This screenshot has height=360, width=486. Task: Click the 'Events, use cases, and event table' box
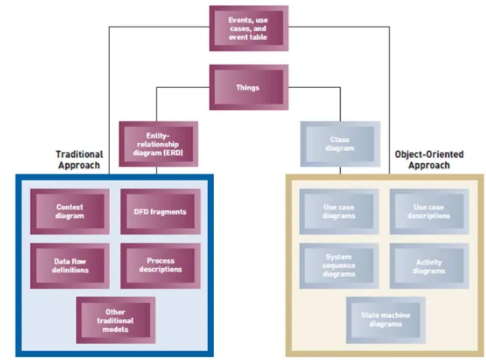coord(248,28)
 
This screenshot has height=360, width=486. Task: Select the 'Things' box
coord(248,87)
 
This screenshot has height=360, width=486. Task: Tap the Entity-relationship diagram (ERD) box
coord(159,144)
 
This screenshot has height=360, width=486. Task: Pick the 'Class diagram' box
coord(340,144)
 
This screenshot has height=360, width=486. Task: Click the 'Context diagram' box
coord(70,211)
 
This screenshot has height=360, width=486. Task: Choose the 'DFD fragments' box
coord(160,211)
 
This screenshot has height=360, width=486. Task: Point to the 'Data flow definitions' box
coord(70,266)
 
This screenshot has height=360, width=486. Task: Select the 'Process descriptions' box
coord(160,266)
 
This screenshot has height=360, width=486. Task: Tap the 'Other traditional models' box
coord(115,320)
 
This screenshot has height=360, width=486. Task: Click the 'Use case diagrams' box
coord(339,211)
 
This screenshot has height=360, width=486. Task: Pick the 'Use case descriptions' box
coord(429,211)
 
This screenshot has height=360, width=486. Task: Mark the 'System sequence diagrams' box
coord(339,266)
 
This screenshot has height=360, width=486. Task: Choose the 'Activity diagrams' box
coord(429,266)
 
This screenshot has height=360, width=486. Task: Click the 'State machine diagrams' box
coord(386,320)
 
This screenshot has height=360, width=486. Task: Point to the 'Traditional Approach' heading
coord(79,159)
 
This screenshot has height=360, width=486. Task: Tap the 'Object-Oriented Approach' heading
coord(429,159)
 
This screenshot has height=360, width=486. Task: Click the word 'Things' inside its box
coord(248,87)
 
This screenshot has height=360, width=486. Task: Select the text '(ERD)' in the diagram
coord(173,153)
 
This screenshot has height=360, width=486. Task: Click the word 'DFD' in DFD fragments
coord(140,212)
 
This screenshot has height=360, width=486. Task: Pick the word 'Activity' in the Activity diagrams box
coord(429,263)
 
